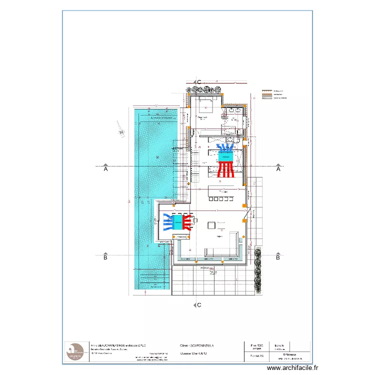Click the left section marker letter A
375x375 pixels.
(x=105, y=169)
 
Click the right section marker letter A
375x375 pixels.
(x=278, y=169)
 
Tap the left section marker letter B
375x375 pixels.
(x=105, y=258)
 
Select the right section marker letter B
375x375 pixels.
(x=278, y=258)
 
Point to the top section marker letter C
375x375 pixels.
(x=199, y=81)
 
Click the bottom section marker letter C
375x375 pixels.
(x=199, y=304)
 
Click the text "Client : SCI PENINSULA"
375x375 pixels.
(x=197, y=345)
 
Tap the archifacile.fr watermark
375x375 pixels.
(x=292, y=367)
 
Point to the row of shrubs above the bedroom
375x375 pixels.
(x=205, y=89)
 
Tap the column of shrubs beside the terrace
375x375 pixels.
(x=257, y=270)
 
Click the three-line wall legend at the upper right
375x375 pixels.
(x=273, y=95)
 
